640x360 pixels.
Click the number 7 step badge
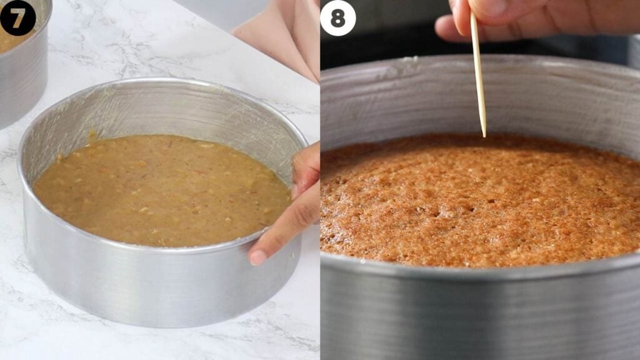[17, 17]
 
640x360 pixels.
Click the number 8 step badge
[338, 18]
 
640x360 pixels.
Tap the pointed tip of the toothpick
[484, 136]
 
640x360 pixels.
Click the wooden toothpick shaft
[478, 74]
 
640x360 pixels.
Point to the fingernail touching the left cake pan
[258, 257]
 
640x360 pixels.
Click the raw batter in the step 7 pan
[161, 191]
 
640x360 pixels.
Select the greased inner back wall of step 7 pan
[163, 110]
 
